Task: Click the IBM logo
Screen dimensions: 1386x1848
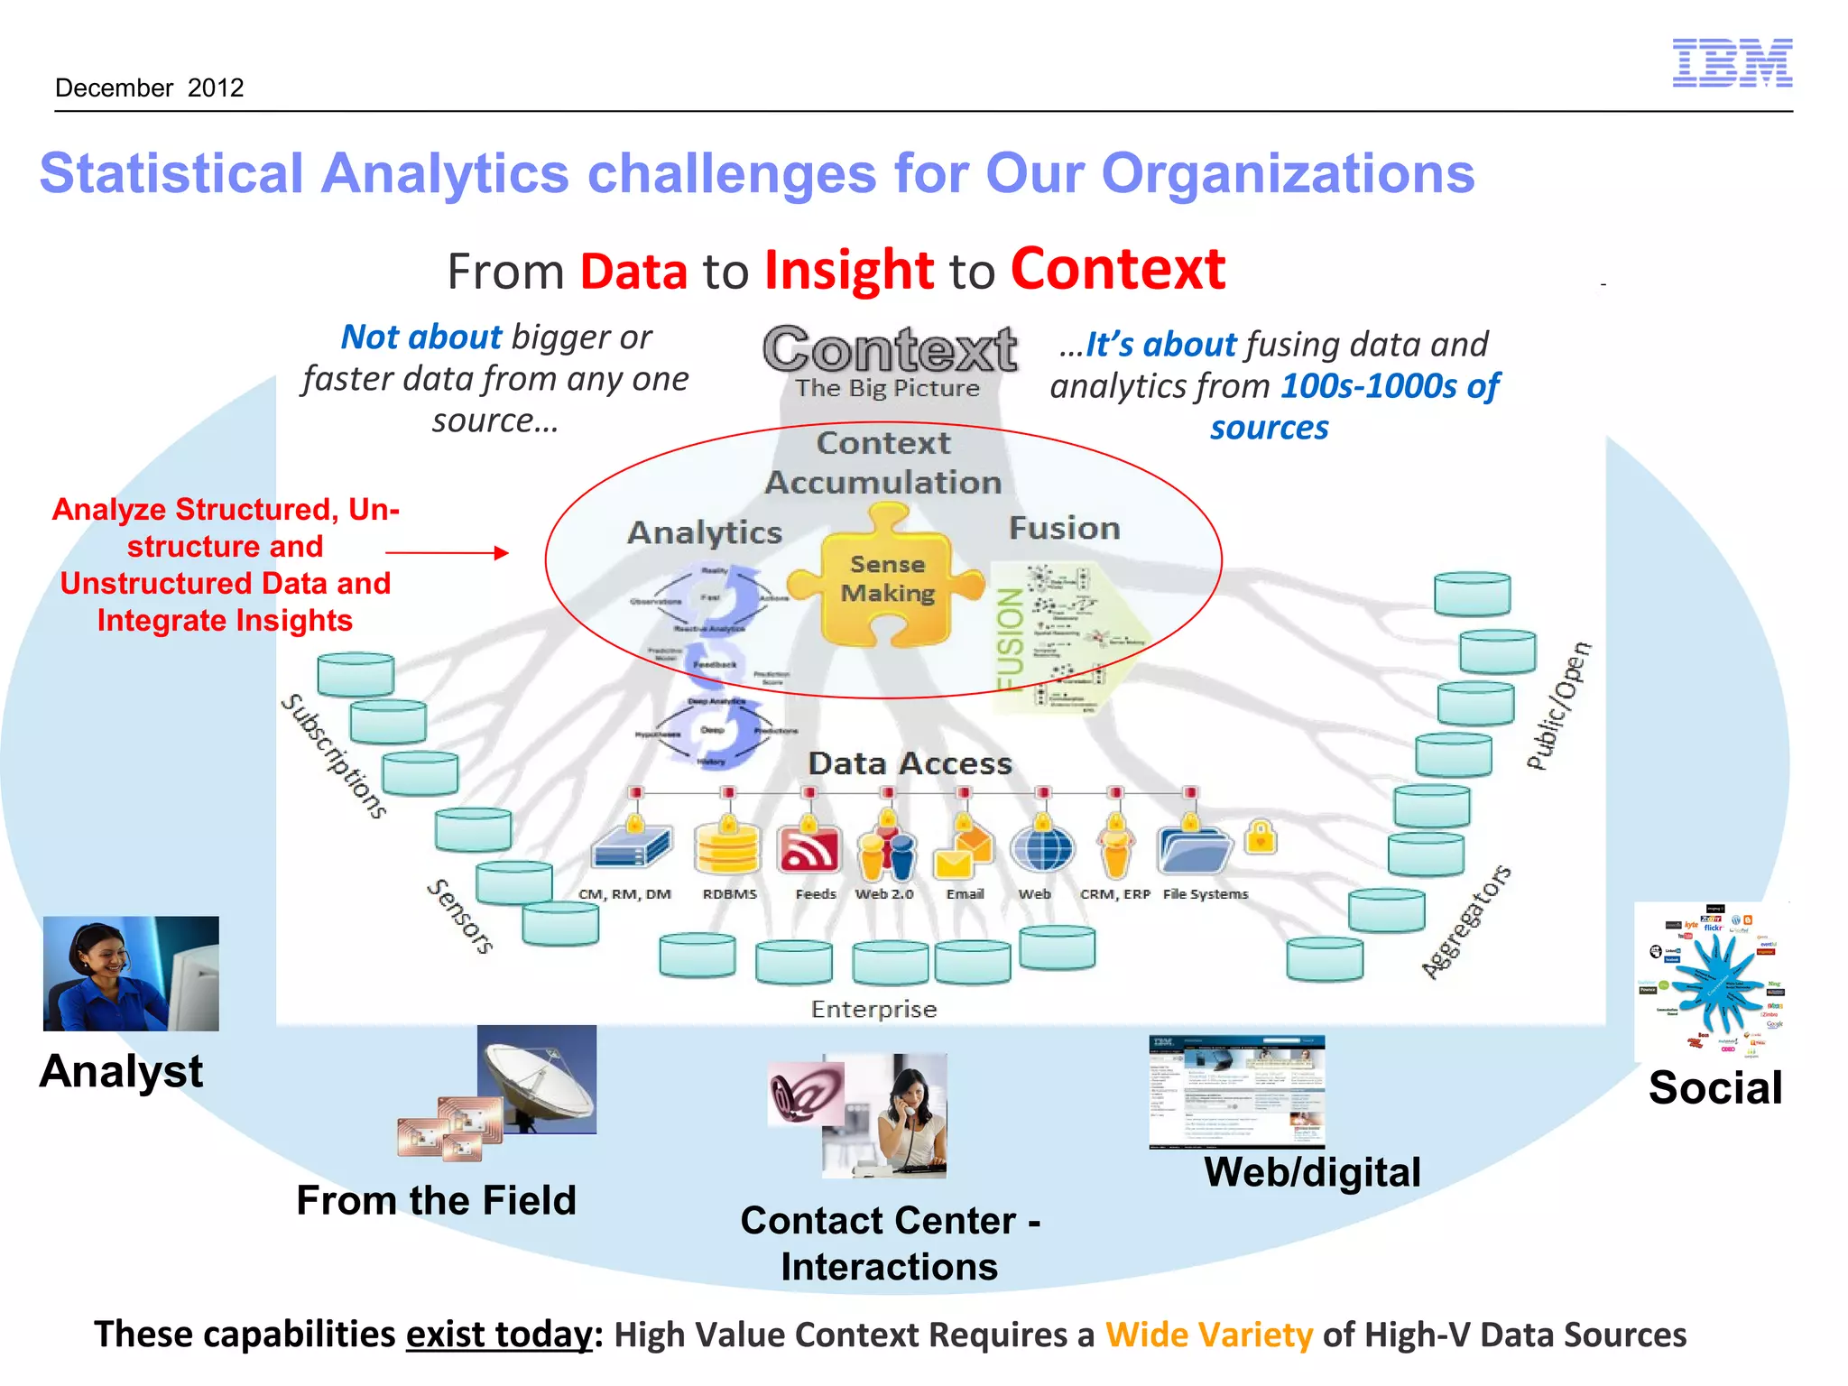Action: tap(1732, 63)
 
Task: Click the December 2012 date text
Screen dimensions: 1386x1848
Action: tap(150, 88)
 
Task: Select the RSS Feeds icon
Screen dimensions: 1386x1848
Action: tap(808, 849)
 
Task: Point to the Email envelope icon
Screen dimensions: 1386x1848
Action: tap(963, 849)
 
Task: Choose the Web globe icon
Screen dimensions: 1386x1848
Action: tap(1041, 848)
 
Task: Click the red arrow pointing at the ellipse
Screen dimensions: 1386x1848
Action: tap(447, 552)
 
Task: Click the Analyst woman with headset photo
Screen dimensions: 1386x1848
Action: tap(131, 974)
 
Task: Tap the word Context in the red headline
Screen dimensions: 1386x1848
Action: tap(1117, 269)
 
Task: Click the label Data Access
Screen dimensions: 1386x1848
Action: tap(910, 763)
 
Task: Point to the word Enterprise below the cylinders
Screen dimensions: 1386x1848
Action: tap(873, 1009)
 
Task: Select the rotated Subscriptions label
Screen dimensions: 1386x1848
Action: tap(335, 756)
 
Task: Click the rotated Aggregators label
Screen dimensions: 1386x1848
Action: tap(1465, 921)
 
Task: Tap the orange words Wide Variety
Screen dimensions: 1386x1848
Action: tap(1208, 1334)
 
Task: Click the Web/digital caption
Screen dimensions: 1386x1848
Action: tap(1312, 1172)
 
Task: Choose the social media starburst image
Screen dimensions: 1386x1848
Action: tap(1712, 981)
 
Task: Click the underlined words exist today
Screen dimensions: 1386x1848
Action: tap(499, 1334)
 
